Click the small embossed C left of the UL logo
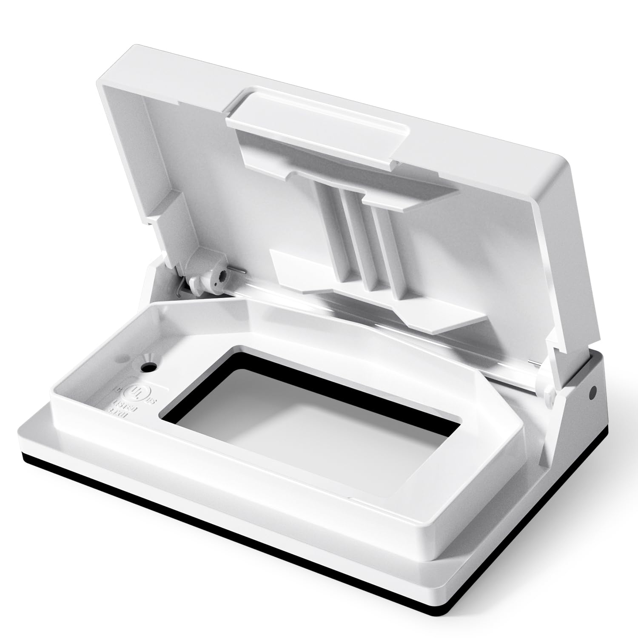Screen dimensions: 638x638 (116, 388)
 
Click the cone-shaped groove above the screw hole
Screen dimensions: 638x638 (149, 356)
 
